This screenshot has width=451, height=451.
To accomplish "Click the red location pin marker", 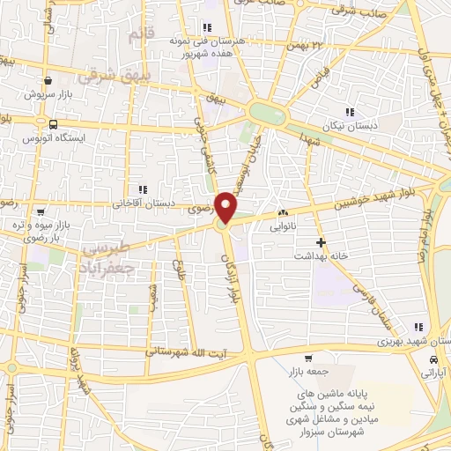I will [227, 208].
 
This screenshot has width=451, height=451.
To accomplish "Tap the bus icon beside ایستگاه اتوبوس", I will [55, 124].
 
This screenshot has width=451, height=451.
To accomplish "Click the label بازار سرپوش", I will [41, 92].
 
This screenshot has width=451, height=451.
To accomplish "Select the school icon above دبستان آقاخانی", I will [142, 189].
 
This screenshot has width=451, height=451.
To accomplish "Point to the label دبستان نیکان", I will [351, 125].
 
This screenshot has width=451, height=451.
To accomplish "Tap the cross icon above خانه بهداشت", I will [321, 242].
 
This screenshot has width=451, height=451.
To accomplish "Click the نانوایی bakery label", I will [283, 225].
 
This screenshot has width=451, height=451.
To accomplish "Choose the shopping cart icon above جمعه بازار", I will [308, 358].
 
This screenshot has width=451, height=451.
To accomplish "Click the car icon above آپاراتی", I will [433, 360].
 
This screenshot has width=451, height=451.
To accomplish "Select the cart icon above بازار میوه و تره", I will [40, 211].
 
